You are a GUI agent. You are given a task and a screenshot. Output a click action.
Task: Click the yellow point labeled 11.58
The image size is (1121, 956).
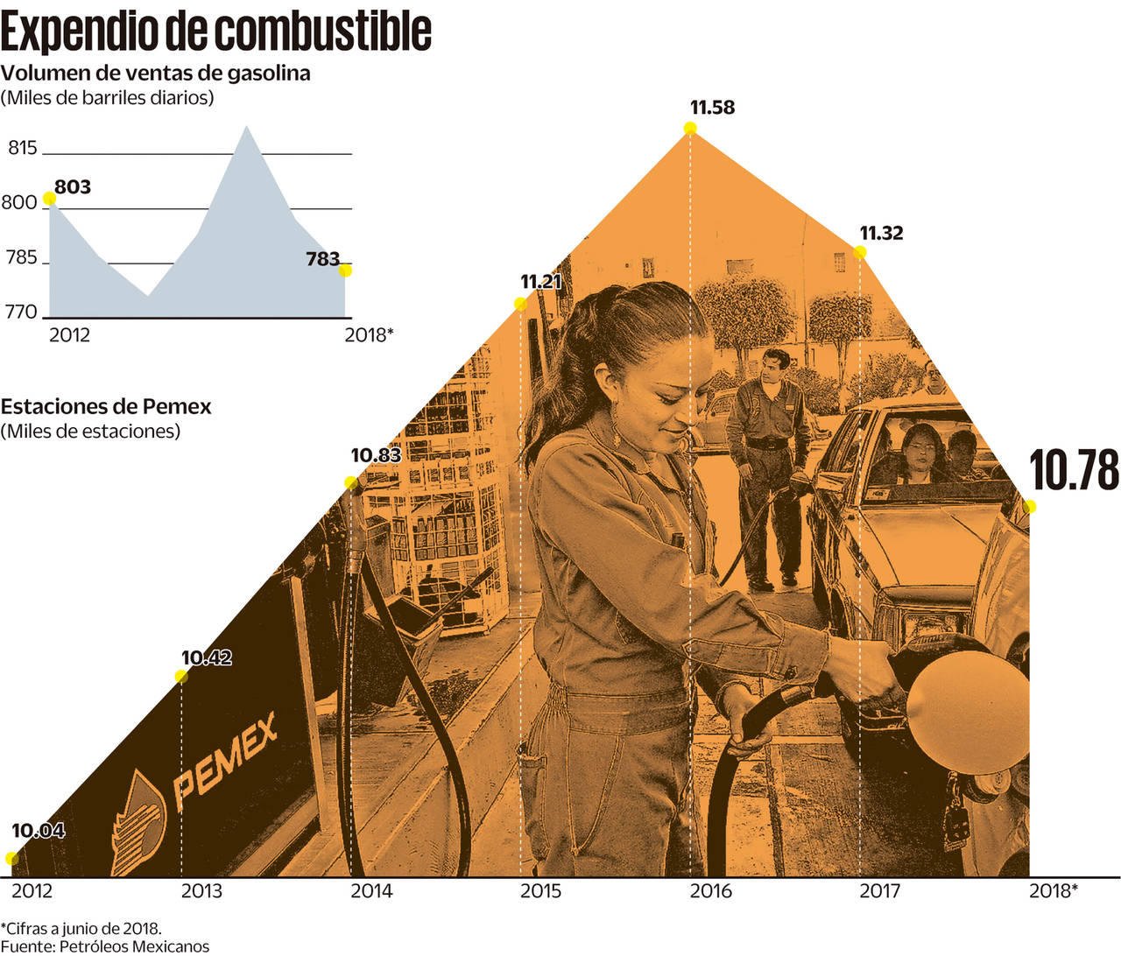[690, 128]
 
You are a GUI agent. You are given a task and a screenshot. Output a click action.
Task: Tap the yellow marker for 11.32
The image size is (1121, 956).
[860, 252]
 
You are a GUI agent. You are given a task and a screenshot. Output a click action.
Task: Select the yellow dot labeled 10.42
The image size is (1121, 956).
[181, 676]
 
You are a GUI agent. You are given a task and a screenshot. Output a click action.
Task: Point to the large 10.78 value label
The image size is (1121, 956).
[1074, 470]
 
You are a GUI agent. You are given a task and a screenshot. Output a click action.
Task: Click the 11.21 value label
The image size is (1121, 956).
[540, 281]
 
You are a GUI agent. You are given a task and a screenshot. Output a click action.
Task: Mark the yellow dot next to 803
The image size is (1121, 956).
[49, 199]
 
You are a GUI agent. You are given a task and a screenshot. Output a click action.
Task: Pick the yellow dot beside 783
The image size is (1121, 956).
[345, 270]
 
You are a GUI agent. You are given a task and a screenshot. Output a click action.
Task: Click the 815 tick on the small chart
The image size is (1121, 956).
[23, 148]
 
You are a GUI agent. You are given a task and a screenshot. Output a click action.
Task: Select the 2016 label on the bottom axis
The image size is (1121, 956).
[710, 891]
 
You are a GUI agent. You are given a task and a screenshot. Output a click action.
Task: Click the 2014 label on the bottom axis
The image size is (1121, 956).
[371, 891]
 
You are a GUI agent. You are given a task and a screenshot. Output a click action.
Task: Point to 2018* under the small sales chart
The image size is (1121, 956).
[369, 334]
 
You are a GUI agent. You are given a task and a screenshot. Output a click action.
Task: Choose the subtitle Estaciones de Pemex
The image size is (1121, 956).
[106, 406]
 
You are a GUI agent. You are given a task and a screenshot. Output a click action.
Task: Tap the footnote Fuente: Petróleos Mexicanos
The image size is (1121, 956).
[105, 945]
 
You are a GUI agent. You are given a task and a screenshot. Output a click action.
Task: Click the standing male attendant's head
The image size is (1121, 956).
[774, 367]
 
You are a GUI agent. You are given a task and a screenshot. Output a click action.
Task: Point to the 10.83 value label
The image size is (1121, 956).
[376, 455]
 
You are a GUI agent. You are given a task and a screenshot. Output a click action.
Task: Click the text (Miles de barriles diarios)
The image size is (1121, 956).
[107, 97]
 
